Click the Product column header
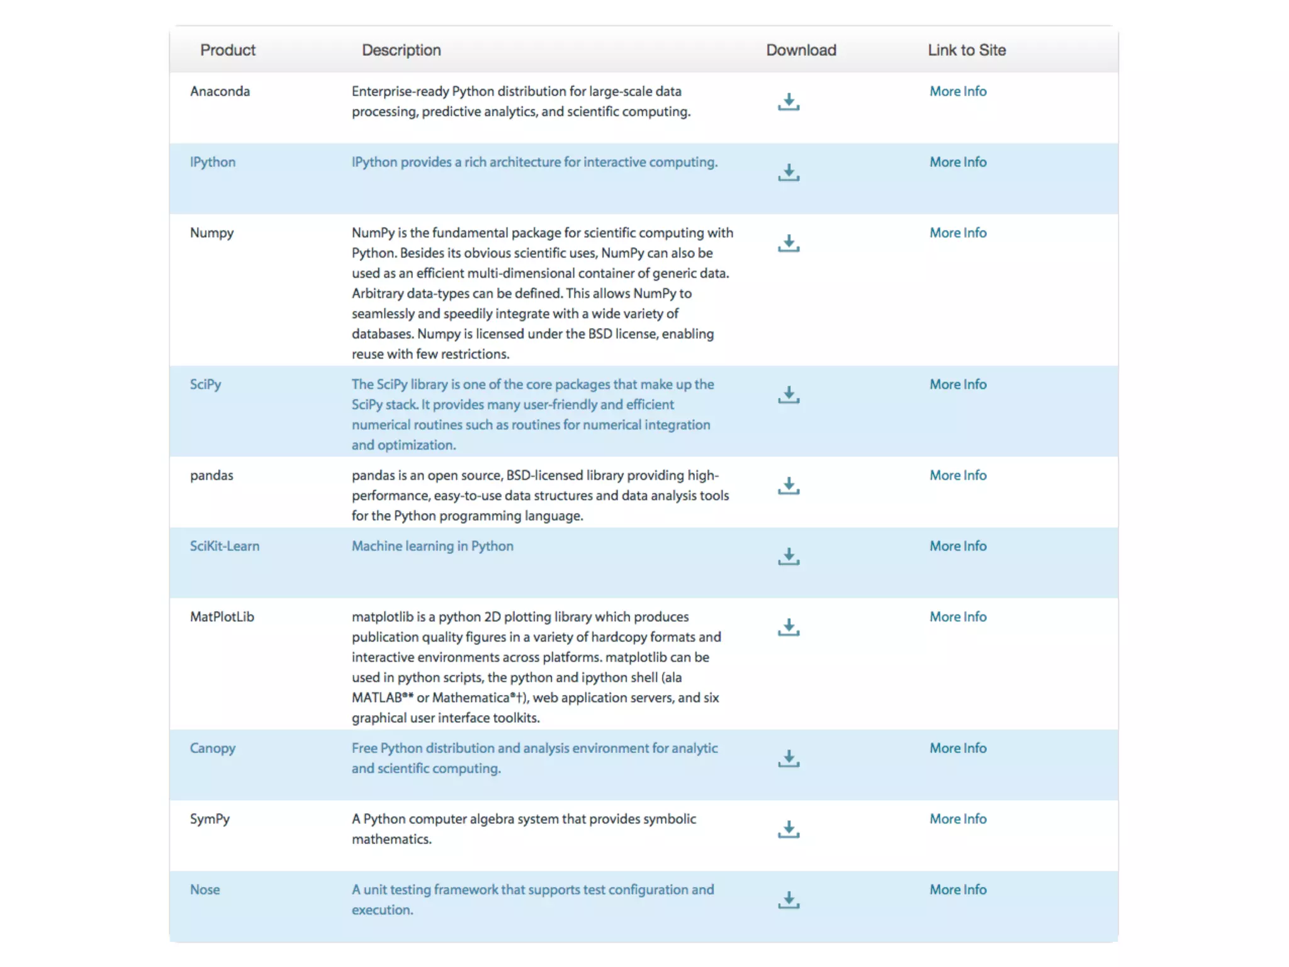point(228,50)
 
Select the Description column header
point(401,50)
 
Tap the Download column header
point(801,50)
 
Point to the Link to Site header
point(966,50)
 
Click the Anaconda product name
point(220,91)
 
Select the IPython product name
point(213,162)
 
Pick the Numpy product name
point(211,233)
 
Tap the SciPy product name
point(205,385)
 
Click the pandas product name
point(211,475)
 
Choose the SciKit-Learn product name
point(225,546)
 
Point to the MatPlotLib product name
point(222,617)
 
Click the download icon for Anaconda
point(788,102)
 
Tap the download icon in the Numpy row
point(788,244)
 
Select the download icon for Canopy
point(788,759)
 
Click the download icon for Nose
point(788,900)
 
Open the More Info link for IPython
point(958,162)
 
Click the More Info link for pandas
point(958,475)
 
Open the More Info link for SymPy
point(958,819)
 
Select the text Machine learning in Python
point(432,546)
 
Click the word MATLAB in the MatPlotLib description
point(377,698)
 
